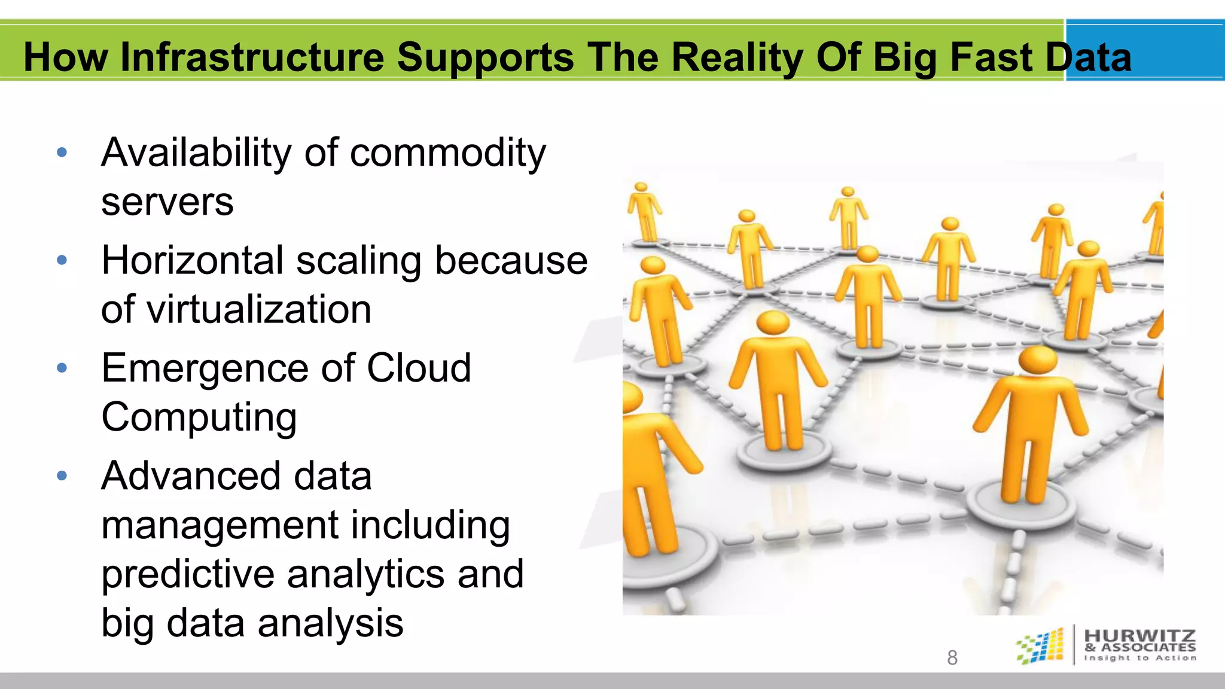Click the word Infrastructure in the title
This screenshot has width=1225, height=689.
(252, 57)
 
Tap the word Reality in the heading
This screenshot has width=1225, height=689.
(737, 57)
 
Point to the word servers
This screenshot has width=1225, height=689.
(167, 202)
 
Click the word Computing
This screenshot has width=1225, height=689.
(199, 417)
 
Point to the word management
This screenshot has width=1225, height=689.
(219, 525)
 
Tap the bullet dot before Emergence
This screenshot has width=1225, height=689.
(62, 368)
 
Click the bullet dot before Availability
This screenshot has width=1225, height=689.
(62, 153)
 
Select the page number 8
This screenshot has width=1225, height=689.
(952, 658)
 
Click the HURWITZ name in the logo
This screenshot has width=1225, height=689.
(1139, 636)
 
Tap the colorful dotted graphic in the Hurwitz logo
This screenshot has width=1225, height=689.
(1041, 646)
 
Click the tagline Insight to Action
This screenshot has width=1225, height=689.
(1139, 658)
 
